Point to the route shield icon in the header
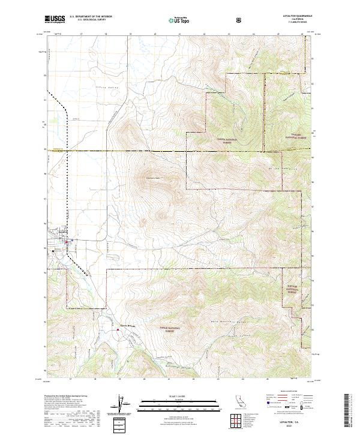click(x=241, y=20)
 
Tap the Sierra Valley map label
click(x=104, y=88)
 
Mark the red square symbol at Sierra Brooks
click(x=117, y=328)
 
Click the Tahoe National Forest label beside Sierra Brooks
click(x=167, y=329)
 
